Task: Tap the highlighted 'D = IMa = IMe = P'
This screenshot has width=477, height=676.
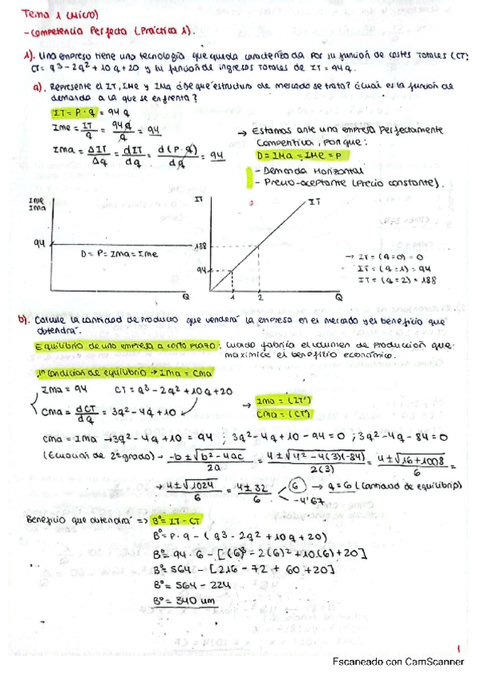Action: click(x=293, y=155)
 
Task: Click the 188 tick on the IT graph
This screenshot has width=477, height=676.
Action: click(x=201, y=248)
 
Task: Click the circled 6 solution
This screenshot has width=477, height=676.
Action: click(x=299, y=484)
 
